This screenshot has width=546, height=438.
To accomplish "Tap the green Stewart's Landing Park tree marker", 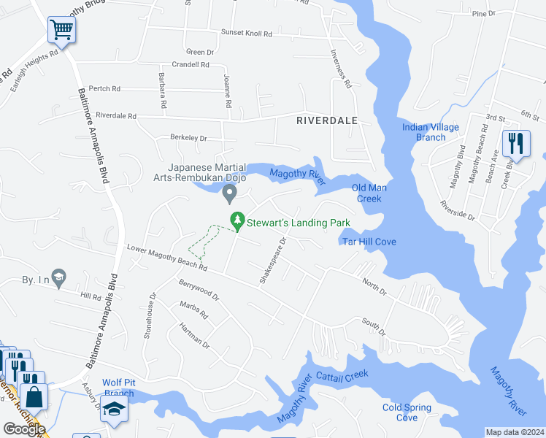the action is pyautogui.click(x=237, y=220).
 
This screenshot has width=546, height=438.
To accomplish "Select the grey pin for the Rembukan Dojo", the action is pyautogui.click(x=229, y=194).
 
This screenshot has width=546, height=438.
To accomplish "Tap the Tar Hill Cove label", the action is pyautogui.click(x=369, y=242).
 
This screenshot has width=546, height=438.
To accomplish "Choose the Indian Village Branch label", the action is pyautogui.click(x=431, y=132).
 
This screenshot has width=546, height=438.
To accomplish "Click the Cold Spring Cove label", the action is pyautogui.click(x=407, y=412).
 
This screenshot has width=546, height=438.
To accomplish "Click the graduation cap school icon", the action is pyautogui.click(x=115, y=411).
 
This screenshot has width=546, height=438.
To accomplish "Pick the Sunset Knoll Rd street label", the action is pyautogui.click(x=247, y=34).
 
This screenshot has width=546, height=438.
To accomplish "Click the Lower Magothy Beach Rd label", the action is pyautogui.click(x=166, y=258).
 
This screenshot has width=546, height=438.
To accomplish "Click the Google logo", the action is pyautogui.click(x=24, y=429).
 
